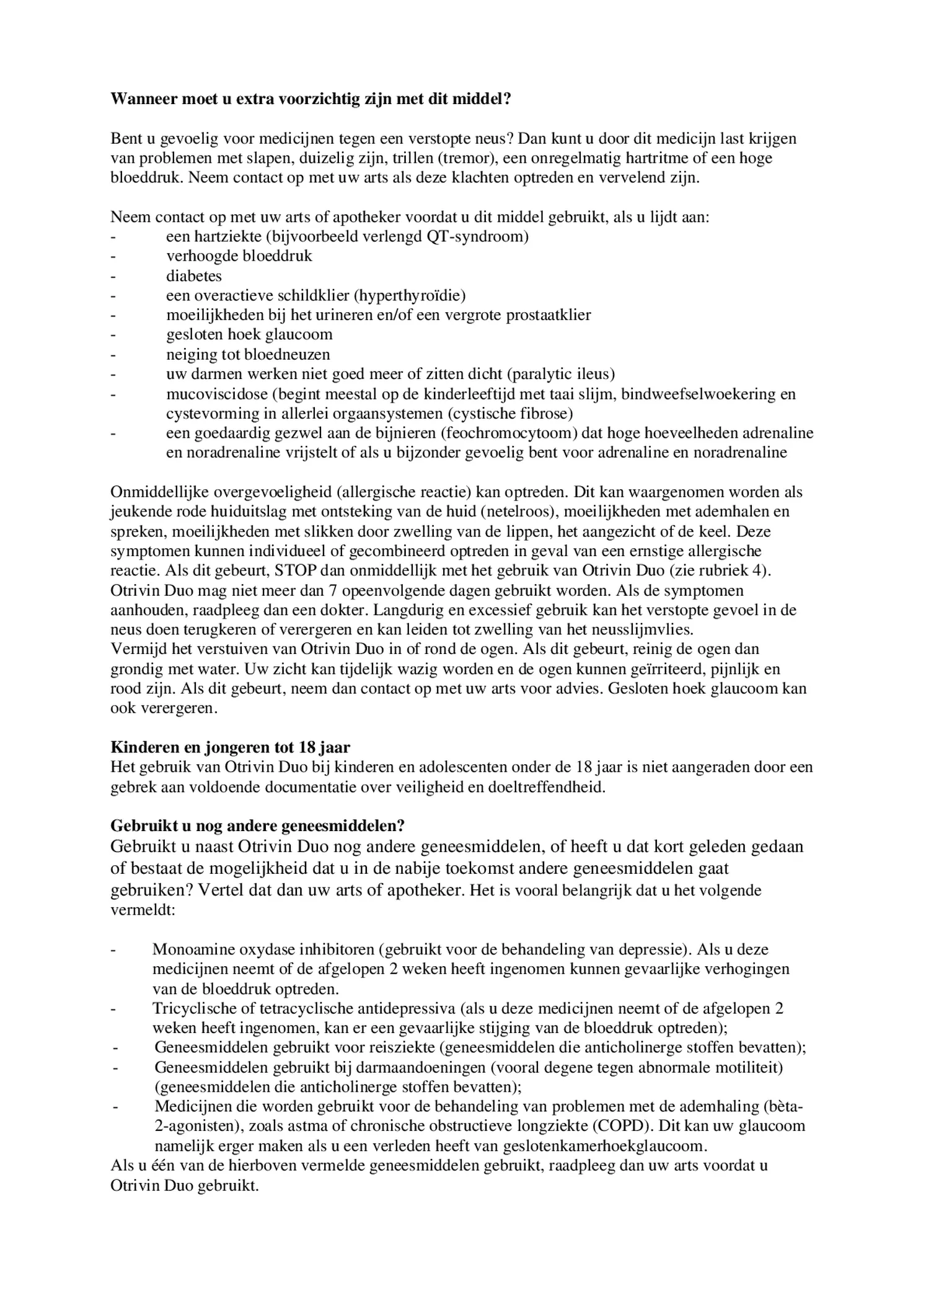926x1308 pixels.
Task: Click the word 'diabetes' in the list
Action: [x=193, y=276]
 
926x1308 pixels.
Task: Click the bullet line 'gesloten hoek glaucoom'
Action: [x=249, y=334]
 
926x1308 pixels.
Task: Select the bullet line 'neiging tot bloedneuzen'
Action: [x=248, y=354]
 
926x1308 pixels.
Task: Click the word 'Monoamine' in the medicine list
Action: [x=193, y=949]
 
